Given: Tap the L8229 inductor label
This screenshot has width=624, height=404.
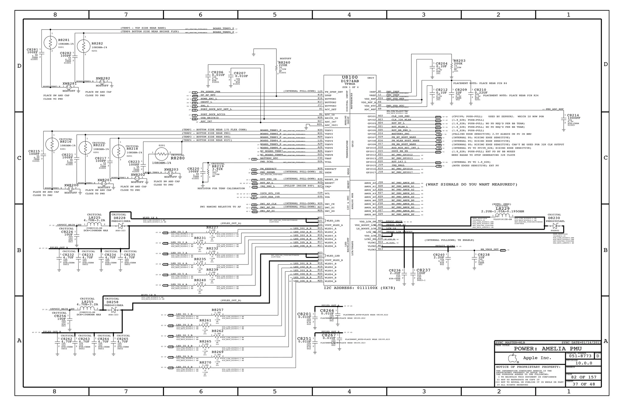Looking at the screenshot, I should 502,209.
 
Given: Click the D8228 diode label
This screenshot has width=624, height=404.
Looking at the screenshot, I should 119,218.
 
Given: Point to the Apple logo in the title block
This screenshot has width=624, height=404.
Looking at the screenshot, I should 513,358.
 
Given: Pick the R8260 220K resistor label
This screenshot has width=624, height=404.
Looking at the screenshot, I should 284,62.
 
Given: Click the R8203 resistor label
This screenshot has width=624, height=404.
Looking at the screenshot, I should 459,61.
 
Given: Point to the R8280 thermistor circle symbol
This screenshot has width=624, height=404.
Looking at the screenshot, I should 162,154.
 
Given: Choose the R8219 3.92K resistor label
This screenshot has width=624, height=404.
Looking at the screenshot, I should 218,166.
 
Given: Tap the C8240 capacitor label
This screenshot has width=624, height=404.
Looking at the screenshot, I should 439,255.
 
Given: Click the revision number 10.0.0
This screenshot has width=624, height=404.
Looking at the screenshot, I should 583,363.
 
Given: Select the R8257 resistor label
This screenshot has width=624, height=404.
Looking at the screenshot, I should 218,310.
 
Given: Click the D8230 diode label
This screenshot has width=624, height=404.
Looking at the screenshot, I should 554,218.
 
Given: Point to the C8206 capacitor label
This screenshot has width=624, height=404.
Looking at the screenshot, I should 218,72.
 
